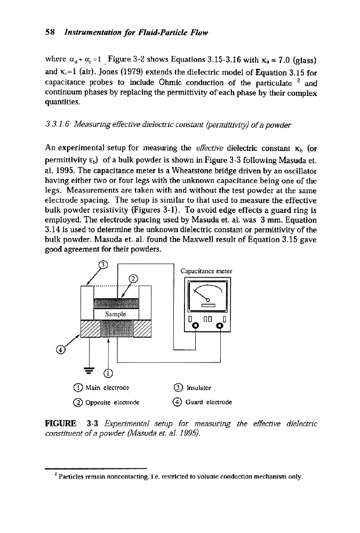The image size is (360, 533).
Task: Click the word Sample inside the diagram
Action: click(x=115, y=314)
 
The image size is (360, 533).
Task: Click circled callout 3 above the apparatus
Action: click(x=104, y=262)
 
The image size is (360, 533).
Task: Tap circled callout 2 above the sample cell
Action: click(x=133, y=277)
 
